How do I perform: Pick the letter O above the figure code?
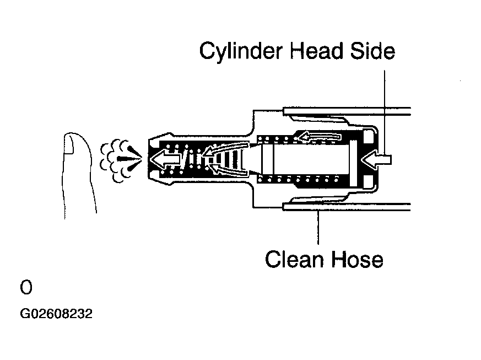click(x=26, y=288)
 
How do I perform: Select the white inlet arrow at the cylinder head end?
click(x=377, y=159)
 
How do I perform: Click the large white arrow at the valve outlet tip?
click(x=166, y=159)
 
